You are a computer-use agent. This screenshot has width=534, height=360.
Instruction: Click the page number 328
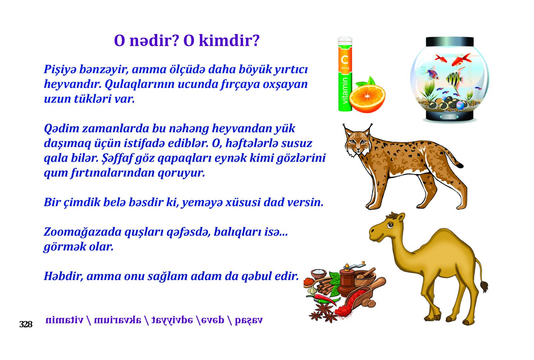26,325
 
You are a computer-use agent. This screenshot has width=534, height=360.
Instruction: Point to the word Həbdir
63,276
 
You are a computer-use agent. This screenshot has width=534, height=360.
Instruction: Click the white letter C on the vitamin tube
345,60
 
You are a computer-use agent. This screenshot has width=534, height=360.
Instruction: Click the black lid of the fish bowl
450,41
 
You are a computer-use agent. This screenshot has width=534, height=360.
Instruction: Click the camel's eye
390,225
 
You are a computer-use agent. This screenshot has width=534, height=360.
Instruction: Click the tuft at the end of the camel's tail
484,286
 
